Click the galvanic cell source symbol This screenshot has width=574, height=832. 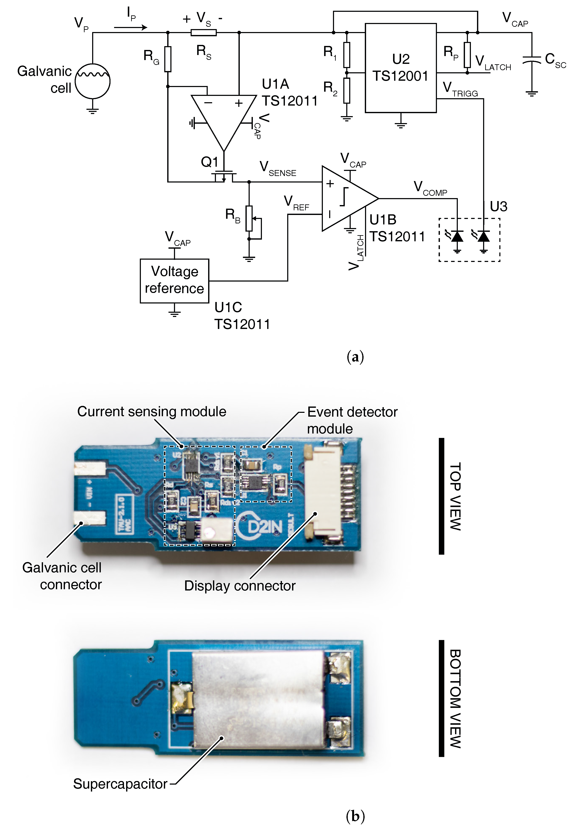[x=92, y=81]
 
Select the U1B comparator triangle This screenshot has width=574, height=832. [x=345, y=198]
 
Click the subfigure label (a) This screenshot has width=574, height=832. [x=355, y=357]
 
